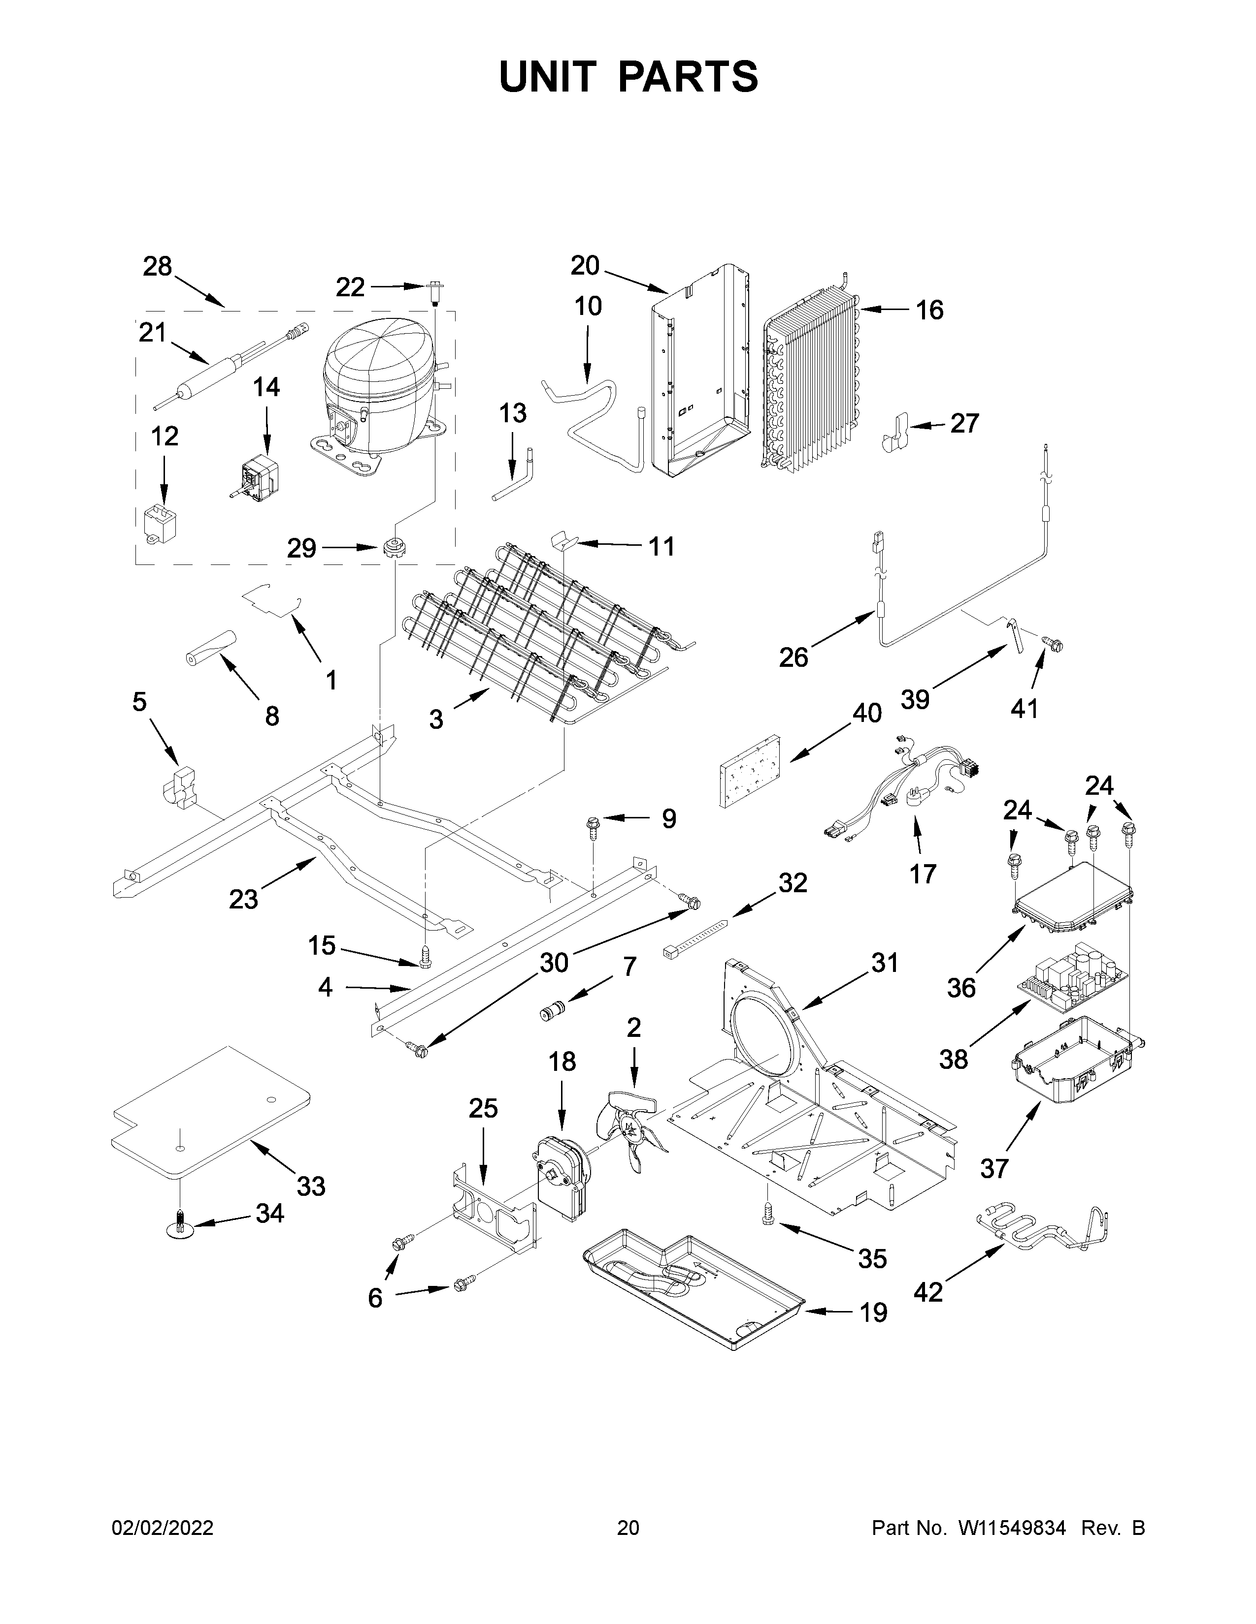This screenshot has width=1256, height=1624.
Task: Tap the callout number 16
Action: [x=929, y=310]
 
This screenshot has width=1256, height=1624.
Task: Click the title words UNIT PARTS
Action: [x=628, y=77]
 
